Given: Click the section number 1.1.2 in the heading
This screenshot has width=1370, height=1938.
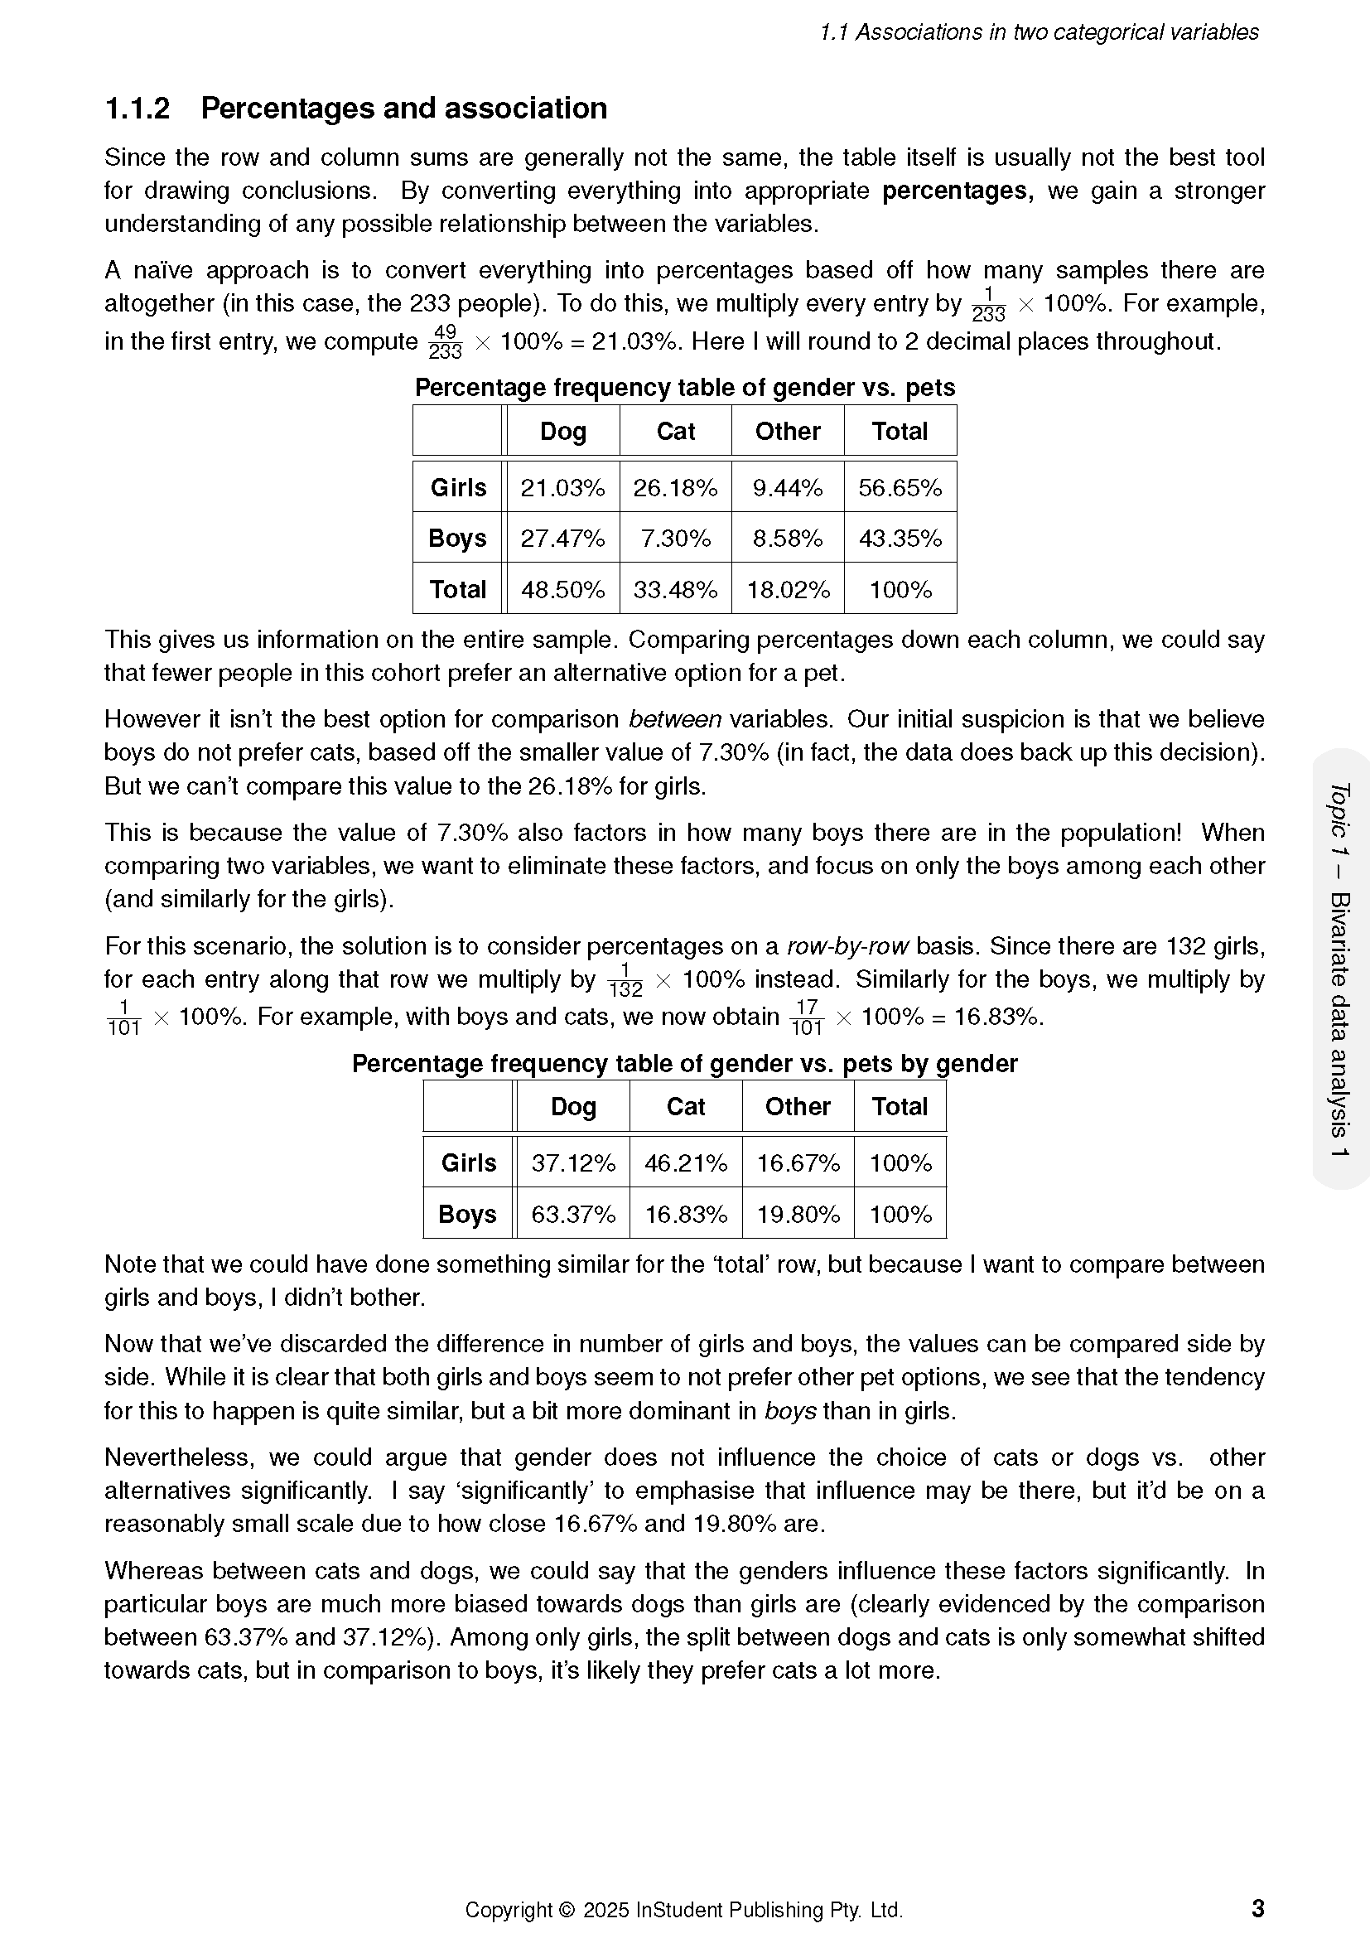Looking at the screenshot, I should click(x=137, y=109).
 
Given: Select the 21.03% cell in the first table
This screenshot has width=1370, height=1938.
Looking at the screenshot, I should click(x=562, y=488).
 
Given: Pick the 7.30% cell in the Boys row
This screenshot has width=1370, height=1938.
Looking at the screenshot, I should click(x=675, y=539).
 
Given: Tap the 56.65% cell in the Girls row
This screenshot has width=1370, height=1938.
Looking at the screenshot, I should click(x=900, y=488).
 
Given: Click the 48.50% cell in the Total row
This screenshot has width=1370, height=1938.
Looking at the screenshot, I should click(x=562, y=589).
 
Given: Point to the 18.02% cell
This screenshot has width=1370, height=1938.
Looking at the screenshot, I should click(x=788, y=589).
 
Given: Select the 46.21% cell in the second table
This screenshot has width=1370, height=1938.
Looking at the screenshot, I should click(x=686, y=1163).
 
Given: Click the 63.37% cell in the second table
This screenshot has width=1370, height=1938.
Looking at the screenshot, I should click(x=573, y=1215).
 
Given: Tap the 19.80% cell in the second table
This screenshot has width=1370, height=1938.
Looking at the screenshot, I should click(x=798, y=1215).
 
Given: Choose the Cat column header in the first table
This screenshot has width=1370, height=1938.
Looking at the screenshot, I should click(x=676, y=432).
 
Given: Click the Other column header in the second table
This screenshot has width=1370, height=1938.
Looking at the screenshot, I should click(x=797, y=1107).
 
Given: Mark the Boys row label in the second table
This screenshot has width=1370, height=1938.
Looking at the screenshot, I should click(x=467, y=1215).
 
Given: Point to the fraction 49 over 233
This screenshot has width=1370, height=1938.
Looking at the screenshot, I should click(x=445, y=342).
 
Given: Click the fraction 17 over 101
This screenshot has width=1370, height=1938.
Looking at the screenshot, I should click(x=807, y=1017).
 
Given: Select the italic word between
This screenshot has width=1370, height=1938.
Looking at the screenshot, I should click(x=675, y=719).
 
